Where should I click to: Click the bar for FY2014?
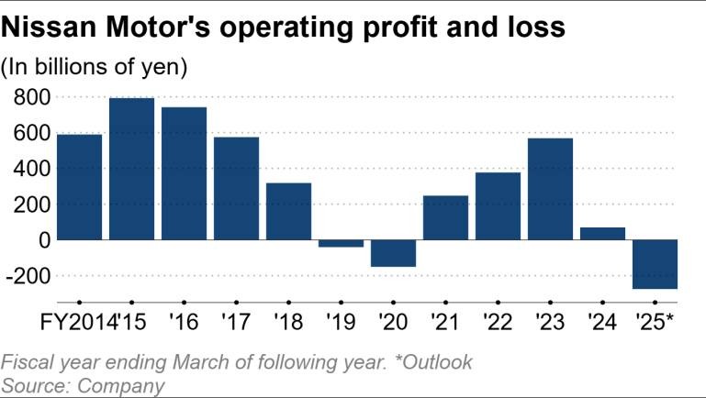coord(79,187)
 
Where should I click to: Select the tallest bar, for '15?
coord(131,169)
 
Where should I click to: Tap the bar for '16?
coord(184,173)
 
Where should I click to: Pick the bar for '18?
coord(288,211)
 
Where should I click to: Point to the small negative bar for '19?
coord(341,243)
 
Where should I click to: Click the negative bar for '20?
coord(393,253)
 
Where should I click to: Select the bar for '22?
coord(498,205)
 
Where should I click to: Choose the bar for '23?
coord(550,189)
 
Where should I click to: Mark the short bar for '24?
coord(602,233)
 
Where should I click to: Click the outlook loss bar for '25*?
coord(655,264)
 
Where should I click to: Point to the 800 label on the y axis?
coord(31,96)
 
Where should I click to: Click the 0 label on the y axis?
coord(42,239)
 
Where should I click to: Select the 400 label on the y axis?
coord(31,168)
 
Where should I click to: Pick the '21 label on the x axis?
coord(446,324)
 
